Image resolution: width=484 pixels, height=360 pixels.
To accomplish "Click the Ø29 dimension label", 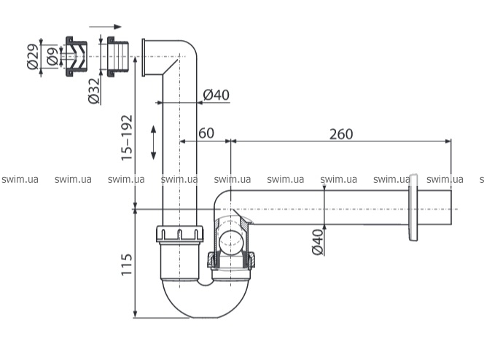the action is tap(33, 57).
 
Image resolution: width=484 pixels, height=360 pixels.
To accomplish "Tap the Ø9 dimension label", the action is tap(52, 56).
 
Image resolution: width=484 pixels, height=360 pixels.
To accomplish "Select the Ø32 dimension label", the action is tap(94, 90).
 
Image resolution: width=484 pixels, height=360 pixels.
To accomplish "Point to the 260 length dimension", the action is tap(341, 134).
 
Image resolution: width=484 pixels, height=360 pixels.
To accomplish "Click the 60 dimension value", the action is tap(206, 133).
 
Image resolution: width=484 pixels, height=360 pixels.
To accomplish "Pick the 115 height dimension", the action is tap(126, 265).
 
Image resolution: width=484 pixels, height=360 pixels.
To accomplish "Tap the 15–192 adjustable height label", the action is tap(127, 138).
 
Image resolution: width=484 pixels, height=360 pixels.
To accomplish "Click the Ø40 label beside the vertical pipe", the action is tap(216, 95).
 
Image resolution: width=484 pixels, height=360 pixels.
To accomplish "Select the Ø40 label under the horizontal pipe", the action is tap(318, 242).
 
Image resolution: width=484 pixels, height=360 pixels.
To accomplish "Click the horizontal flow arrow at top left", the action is tap(105, 27).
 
